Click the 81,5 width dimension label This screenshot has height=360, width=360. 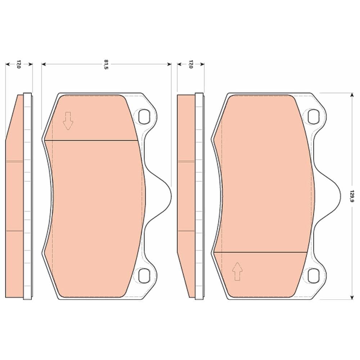(x=106, y=65)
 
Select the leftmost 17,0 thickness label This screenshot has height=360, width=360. (x=19, y=65)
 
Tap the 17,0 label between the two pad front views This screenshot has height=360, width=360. (x=190, y=65)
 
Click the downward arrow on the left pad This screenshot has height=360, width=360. (x=68, y=121)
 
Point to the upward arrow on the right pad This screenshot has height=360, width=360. (x=237, y=271)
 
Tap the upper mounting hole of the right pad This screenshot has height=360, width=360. (x=313, y=116)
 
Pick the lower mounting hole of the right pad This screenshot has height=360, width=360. (x=313, y=276)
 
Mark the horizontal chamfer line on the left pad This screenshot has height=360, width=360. (x=95, y=140)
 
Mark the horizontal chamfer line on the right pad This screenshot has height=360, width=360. (x=261, y=252)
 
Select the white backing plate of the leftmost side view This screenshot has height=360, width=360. (x=27, y=196)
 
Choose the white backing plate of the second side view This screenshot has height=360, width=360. (x=199, y=196)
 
